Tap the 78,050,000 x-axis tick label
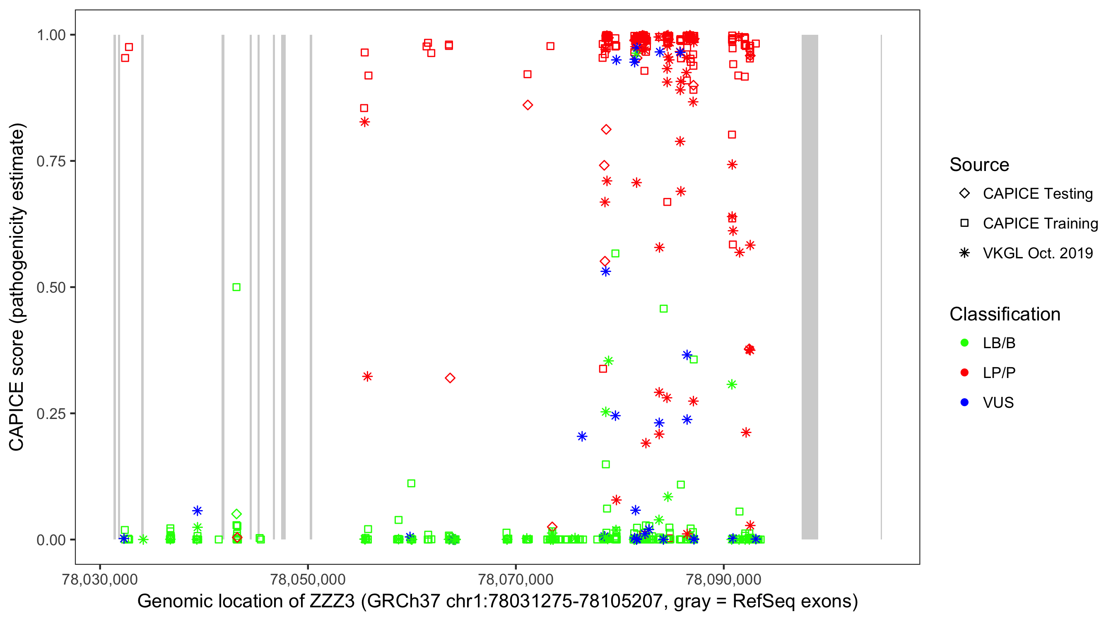coord(308,579)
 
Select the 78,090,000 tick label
coord(723,579)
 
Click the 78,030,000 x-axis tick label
coord(100,579)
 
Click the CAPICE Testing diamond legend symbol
coord(964,194)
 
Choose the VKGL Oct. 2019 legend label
coord(1037,253)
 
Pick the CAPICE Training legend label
coord(1040,224)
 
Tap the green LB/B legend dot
coord(964,343)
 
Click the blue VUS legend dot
coord(964,403)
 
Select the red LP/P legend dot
coord(964,373)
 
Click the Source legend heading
coord(979,165)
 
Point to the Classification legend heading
coord(1005,314)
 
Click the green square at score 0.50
coord(236,287)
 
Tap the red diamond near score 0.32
coord(450,378)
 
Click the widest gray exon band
coord(810,286)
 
